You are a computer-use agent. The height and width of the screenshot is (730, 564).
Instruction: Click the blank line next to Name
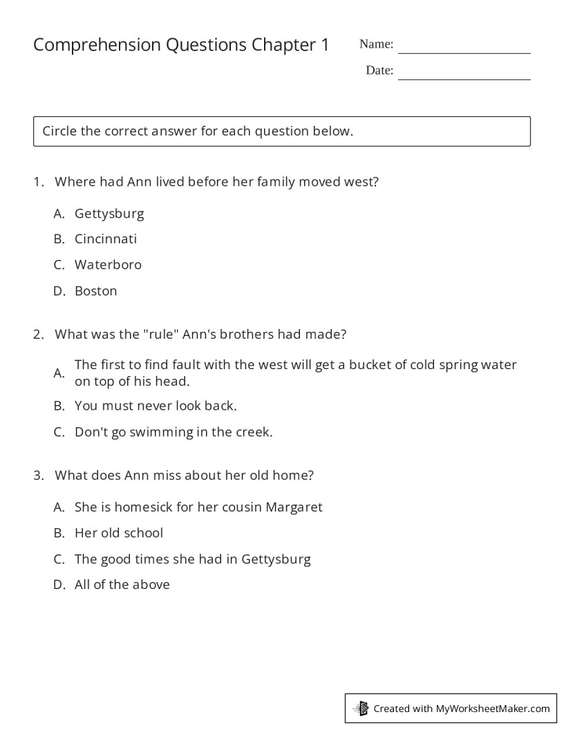[464, 48]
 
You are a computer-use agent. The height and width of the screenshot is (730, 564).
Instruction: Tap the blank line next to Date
[464, 75]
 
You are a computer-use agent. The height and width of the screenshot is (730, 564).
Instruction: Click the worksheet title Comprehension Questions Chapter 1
[181, 45]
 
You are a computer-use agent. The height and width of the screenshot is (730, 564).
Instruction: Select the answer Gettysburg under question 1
[109, 213]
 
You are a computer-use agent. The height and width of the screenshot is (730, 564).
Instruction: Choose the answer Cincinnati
[106, 239]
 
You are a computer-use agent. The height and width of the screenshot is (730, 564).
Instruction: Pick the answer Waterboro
[108, 265]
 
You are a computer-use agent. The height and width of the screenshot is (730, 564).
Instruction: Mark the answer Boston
[95, 291]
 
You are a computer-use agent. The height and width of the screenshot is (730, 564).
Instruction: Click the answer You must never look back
[156, 406]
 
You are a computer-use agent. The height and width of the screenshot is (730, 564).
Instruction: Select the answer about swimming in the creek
[173, 432]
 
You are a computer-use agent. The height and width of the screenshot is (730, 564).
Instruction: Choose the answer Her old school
[119, 533]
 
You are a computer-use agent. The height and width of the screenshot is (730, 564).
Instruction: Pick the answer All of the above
[122, 585]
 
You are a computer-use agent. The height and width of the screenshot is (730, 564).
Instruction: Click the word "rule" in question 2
[162, 334]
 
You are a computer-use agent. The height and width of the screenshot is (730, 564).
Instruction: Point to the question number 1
[38, 182]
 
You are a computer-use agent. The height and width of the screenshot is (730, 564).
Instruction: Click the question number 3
[38, 476]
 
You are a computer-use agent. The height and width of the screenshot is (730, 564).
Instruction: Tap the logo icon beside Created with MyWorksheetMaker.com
[361, 709]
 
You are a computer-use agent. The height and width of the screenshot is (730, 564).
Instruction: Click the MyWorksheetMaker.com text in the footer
[493, 709]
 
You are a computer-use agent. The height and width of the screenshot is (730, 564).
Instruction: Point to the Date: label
[379, 71]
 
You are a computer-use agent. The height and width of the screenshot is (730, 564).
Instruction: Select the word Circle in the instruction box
[59, 131]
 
